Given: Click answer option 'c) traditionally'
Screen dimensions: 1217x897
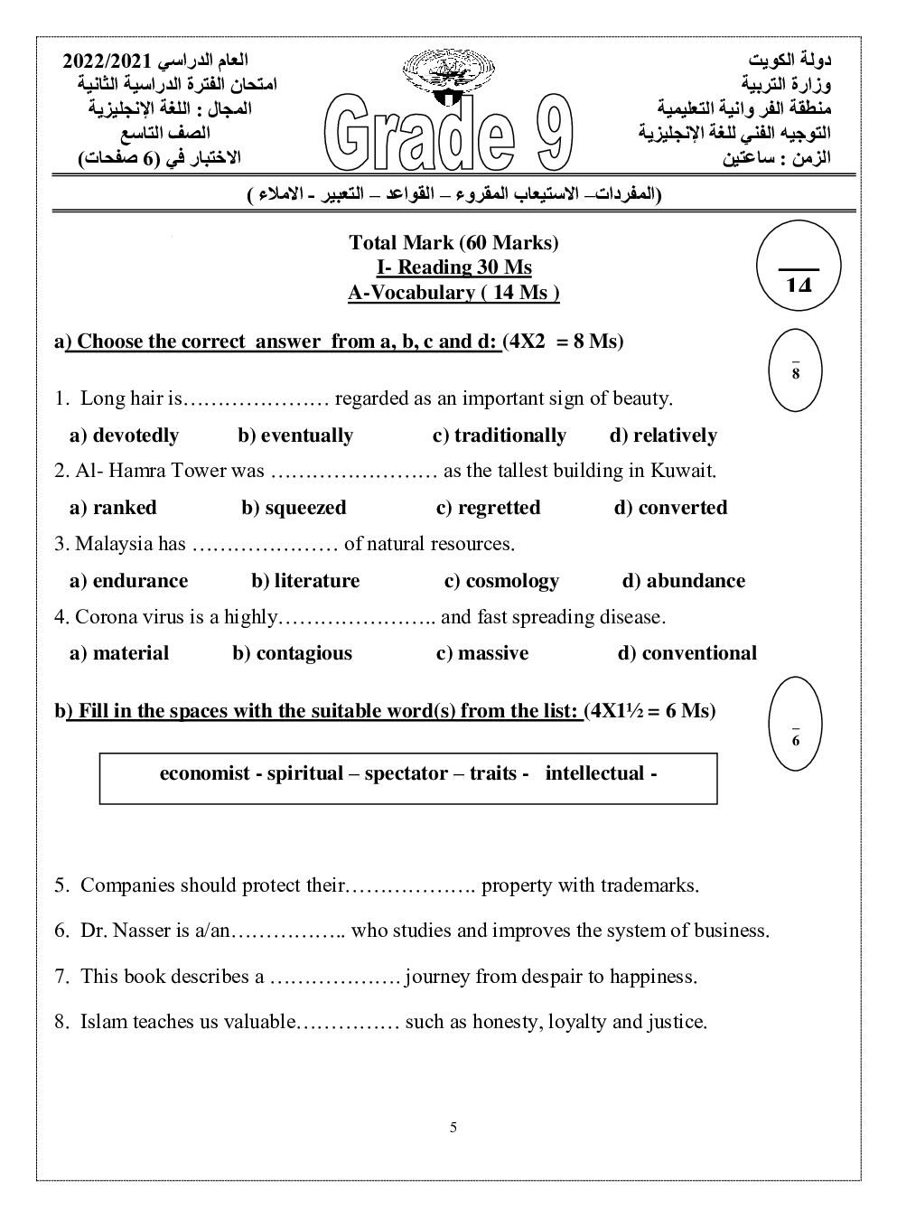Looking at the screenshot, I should click(x=499, y=435).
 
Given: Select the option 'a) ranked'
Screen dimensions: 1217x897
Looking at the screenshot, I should click(x=113, y=508).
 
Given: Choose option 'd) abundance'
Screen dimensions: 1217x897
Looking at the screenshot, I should click(x=684, y=581).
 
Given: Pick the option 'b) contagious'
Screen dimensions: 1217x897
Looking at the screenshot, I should click(x=292, y=653).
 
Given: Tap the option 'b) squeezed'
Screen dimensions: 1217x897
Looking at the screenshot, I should click(x=294, y=508).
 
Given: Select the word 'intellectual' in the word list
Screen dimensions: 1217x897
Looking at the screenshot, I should click(x=594, y=773).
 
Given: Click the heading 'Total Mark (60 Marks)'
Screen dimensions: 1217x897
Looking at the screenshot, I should click(x=453, y=242).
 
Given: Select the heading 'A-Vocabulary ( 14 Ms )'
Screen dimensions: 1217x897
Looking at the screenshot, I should click(x=453, y=293).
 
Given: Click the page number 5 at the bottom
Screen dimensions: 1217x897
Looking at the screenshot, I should click(x=453, y=1127).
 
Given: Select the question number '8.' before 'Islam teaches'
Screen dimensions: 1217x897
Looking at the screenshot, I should click(x=61, y=1022).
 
